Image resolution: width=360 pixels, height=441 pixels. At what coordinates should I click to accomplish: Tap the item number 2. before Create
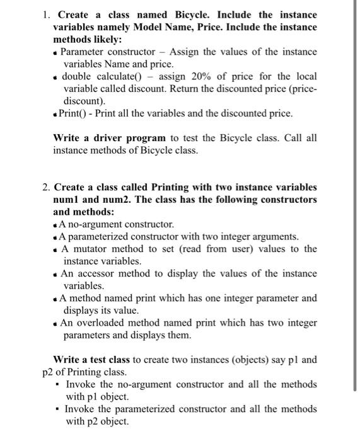[47, 187]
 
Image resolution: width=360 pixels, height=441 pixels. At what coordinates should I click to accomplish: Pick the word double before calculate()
[77, 76]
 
